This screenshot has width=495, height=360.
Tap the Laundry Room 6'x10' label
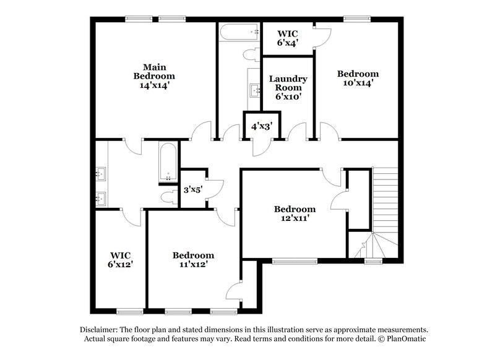coord(288,87)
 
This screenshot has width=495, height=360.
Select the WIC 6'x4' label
coord(287,38)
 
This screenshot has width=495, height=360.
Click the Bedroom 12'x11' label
coord(295,213)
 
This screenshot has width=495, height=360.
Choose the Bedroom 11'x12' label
coord(193,259)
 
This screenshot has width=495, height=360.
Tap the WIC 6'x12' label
coord(120,259)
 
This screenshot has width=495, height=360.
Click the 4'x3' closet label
coord(262,126)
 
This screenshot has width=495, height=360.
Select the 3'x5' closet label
coord(193,190)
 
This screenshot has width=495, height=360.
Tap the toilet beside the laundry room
coord(251,54)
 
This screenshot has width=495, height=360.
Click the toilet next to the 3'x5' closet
coord(166,197)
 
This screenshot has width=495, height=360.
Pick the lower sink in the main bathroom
coord(102,199)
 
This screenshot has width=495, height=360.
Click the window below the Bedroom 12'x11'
coord(291,261)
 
